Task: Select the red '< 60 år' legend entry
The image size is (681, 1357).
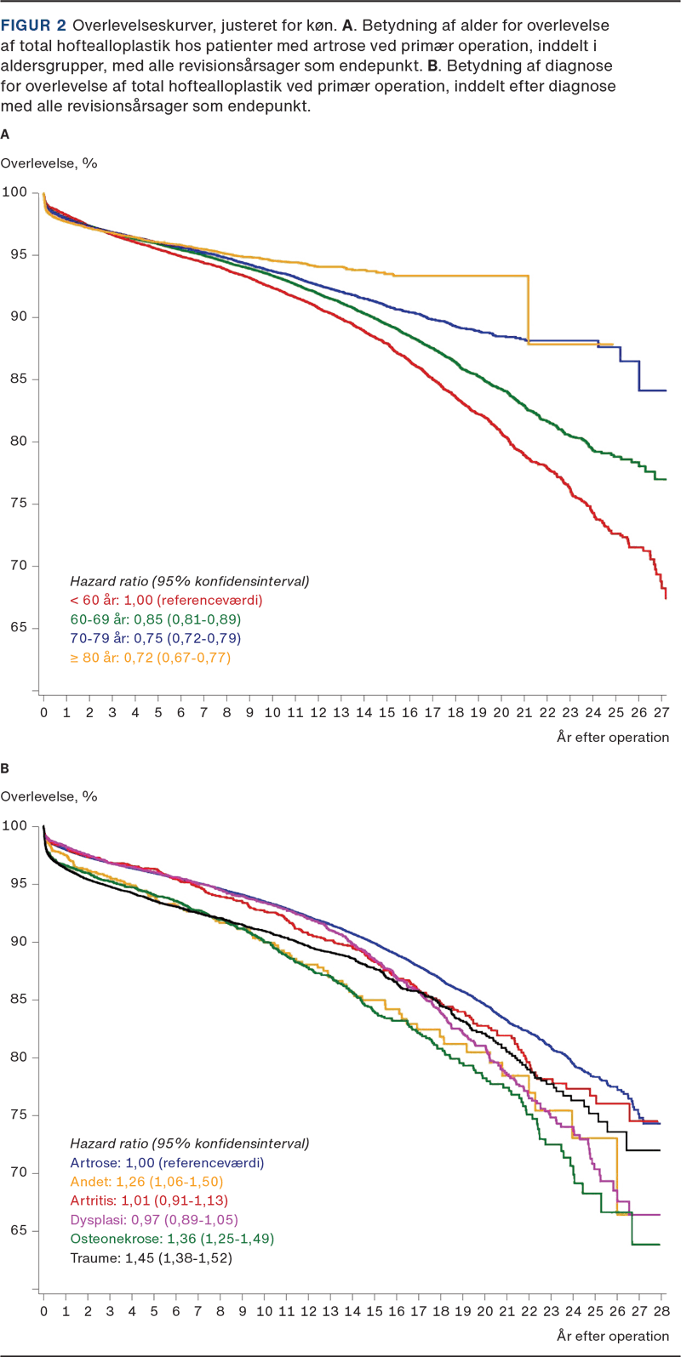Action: pyautogui.click(x=166, y=600)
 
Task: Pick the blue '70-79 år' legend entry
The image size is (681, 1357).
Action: pyautogui.click(x=157, y=638)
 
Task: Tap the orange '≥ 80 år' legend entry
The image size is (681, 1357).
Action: pyautogui.click(x=150, y=658)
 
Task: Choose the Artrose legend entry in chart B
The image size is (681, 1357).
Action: pyautogui.click(x=167, y=1162)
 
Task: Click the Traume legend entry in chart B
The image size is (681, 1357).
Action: pyautogui.click(x=151, y=1257)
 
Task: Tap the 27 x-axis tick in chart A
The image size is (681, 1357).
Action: pyautogui.click(x=661, y=711)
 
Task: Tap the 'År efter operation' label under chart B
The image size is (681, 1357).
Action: pyautogui.click(x=613, y=1337)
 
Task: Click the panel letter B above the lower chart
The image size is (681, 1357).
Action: pyautogui.click(x=6, y=768)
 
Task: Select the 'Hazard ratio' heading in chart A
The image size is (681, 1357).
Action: pyautogui.click(x=188, y=581)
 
